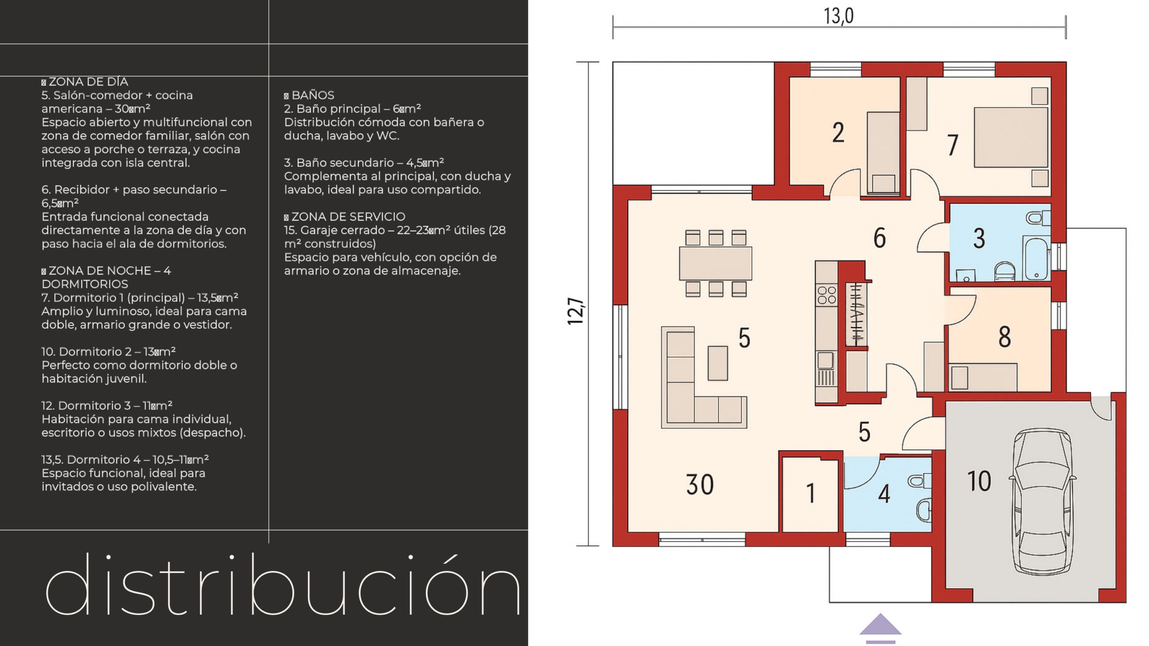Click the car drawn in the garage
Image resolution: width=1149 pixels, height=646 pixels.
[x=1043, y=502]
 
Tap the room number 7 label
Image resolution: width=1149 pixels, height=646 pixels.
[x=952, y=145]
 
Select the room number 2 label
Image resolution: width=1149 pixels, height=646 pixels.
[x=838, y=133]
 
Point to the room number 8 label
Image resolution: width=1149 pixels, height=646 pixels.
[x=1004, y=337]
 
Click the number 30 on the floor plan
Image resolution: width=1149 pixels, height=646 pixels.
[x=700, y=484]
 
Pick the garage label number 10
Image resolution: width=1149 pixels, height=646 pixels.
[x=979, y=481]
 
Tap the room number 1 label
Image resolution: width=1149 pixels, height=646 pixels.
[x=811, y=493]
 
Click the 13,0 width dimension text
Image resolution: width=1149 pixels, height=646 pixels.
[x=838, y=16]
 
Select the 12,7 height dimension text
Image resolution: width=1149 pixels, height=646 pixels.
[x=576, y=311]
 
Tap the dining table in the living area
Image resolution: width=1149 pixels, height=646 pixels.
[x=715, y=264]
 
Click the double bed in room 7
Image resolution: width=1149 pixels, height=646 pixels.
[x=1011, y=138]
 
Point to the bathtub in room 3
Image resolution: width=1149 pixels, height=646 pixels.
[x=1036, y=259]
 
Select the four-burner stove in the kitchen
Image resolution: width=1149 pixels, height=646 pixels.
[x=826, y=295]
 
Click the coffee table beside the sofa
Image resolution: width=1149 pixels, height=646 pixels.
[x=718, y=363]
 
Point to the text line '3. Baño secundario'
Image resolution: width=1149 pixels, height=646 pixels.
[x=364, y=162]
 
